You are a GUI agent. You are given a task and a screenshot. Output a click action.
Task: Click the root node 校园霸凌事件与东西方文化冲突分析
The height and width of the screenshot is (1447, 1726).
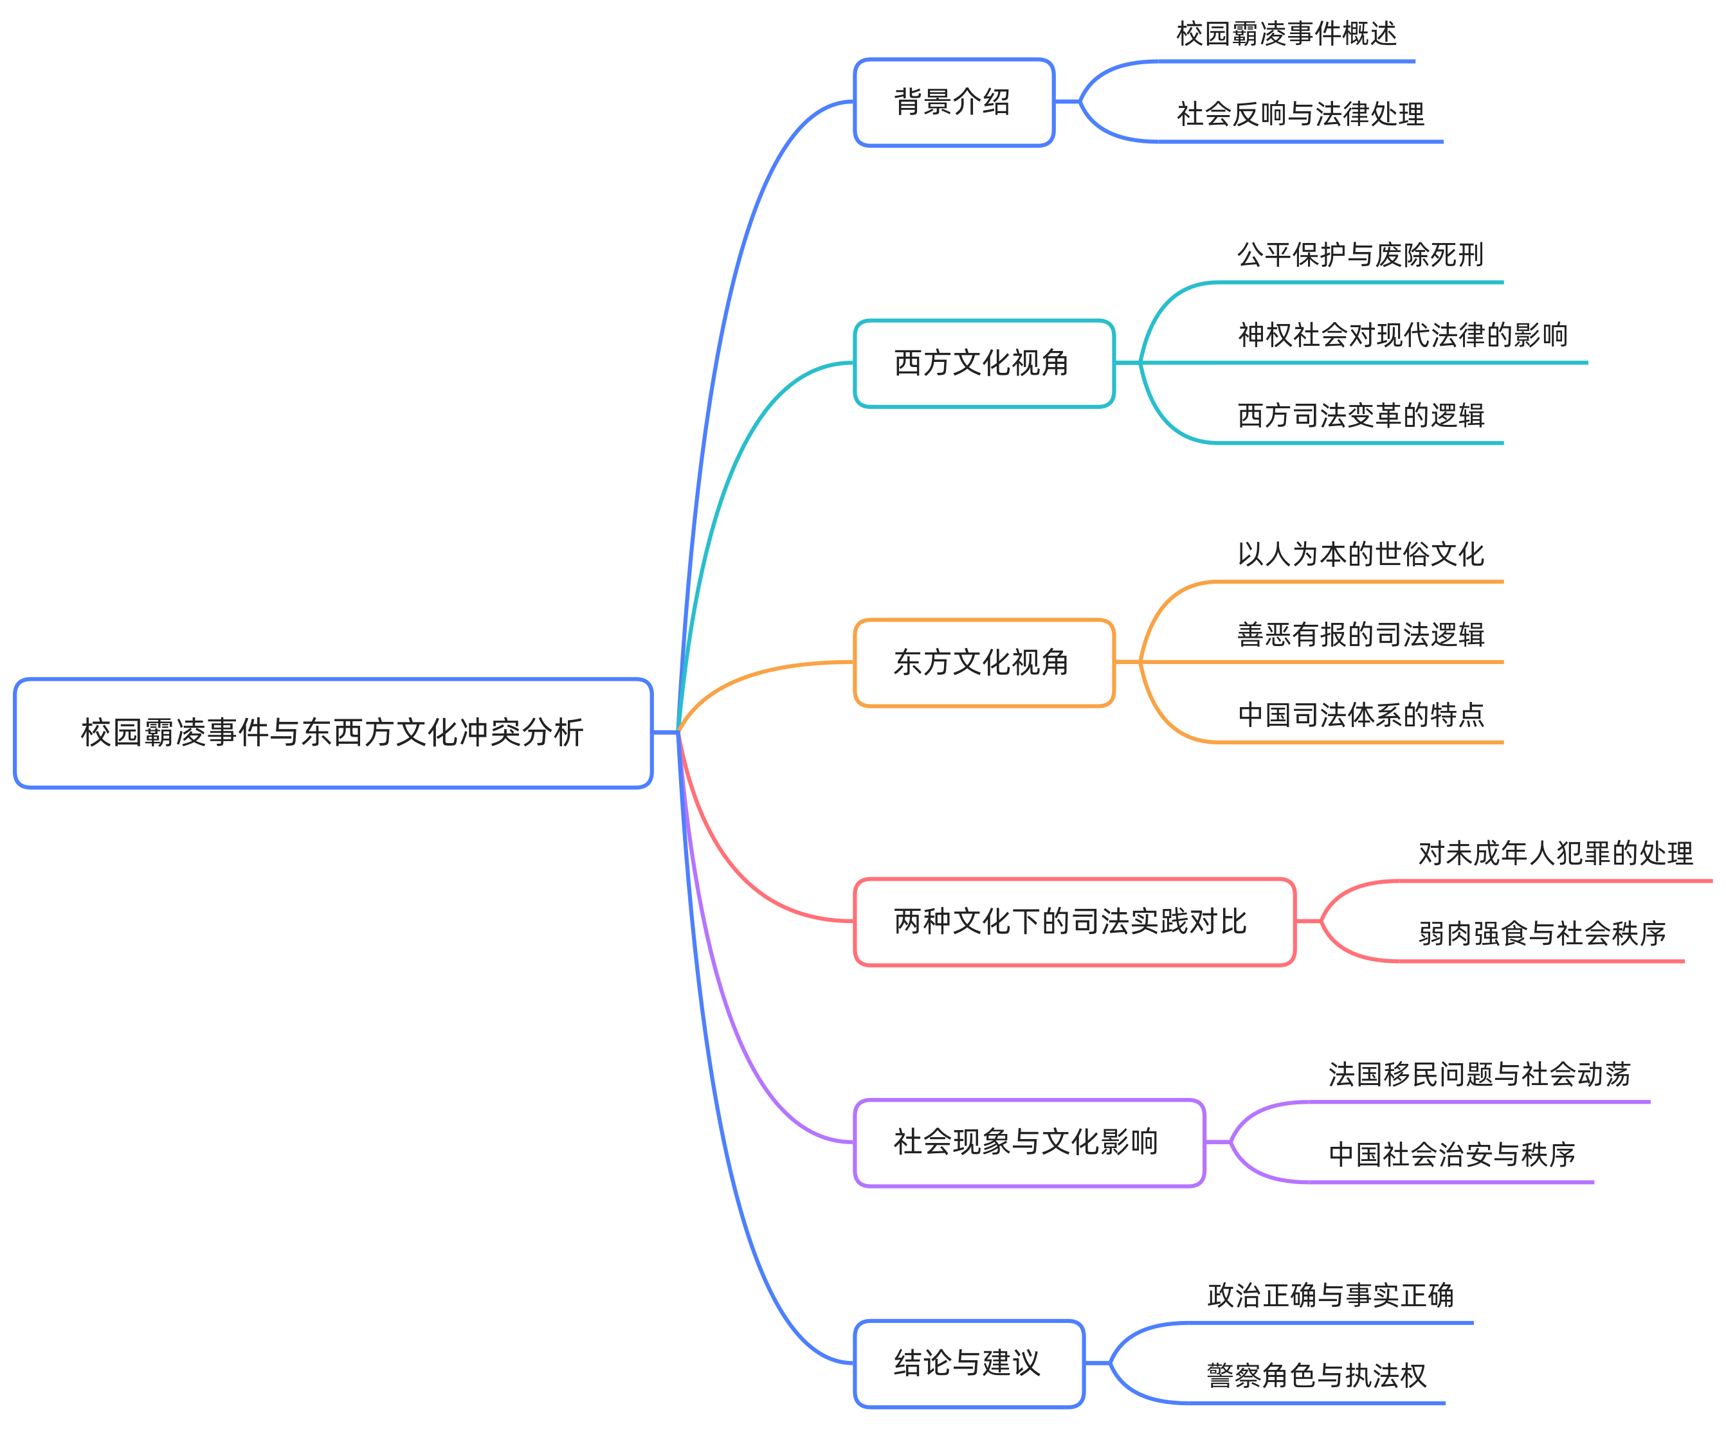(333, 733)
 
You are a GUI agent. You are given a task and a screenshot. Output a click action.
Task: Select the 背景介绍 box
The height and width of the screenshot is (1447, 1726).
(954, 103)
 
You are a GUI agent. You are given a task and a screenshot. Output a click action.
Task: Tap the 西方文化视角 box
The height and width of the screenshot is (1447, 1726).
(984, 363)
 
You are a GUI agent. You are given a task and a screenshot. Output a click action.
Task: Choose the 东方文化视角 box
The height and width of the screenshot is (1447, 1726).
(984, 662)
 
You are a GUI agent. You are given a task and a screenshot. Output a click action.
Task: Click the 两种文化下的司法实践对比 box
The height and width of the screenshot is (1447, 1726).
(1074, 922)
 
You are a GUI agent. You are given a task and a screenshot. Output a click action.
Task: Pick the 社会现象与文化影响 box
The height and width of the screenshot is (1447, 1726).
(1029, 1142)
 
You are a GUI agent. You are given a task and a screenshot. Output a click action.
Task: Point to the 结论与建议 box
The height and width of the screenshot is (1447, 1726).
(969, 1363)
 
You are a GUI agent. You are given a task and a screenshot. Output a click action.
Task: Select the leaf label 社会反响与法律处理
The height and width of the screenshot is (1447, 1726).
(1300, 114)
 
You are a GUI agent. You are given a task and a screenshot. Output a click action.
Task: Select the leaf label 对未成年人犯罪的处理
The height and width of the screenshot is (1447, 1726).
(1555, 854)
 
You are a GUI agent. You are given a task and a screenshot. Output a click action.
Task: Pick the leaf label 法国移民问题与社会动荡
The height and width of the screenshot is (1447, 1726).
(1478, 1075)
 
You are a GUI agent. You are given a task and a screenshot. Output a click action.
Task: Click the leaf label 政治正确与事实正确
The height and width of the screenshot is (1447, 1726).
(1330, 1296)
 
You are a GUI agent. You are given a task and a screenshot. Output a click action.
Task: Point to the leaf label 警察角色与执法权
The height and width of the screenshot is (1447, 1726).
(1316, 1376)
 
